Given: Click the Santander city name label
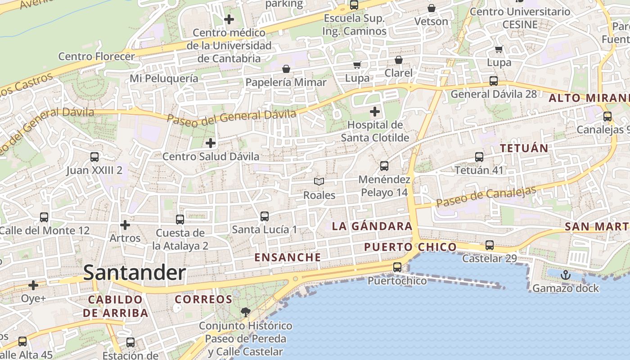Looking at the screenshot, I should point(134,273).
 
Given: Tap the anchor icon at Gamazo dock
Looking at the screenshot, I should point(565,274).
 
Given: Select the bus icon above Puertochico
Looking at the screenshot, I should point(397,267).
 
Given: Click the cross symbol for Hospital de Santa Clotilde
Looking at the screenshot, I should point(374,111).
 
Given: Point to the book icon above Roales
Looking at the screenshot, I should point(319,181).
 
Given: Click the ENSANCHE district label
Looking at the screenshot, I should point(288,257).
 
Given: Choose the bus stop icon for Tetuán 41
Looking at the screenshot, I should point(479,157).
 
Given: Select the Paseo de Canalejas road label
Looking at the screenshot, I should point(486,197).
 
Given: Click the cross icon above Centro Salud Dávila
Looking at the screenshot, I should point(210,143).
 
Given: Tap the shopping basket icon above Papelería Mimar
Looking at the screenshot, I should point(286,69).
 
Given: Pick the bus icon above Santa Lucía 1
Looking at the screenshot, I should point(265,216).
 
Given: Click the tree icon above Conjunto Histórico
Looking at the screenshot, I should point(245,312).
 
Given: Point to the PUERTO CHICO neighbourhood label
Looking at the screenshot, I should point(410,247).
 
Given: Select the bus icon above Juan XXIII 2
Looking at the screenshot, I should point(94,157).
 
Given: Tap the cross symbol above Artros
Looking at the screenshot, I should point(125,224).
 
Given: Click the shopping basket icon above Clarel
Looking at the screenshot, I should point(398,59).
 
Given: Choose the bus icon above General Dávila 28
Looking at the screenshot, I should point(494,81).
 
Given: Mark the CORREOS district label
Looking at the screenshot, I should point(203,299).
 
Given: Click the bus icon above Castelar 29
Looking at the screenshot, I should point(490,245).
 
